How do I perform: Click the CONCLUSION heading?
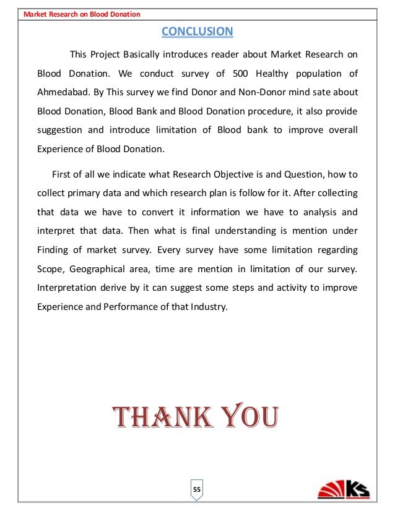(x=197, y=32)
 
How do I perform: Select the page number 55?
(x=197, y=490)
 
